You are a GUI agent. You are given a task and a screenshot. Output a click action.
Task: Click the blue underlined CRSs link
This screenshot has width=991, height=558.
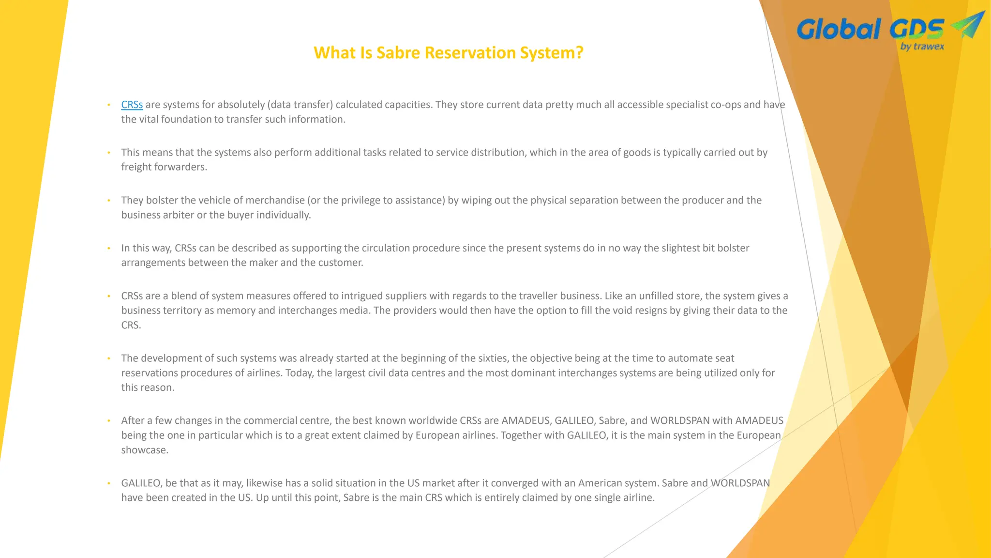coord(132,105)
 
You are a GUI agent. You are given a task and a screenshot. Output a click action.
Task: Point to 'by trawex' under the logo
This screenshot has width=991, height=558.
coord(922,46)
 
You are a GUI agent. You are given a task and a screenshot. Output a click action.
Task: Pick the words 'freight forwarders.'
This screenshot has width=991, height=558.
coord(164,167)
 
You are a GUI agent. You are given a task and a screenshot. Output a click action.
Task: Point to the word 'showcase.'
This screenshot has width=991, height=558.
coord(145,450)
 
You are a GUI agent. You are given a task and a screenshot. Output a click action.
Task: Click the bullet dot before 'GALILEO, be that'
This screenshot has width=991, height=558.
coord(109,483)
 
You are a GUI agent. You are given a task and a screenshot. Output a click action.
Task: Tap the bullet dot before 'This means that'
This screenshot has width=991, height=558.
coord(109,153)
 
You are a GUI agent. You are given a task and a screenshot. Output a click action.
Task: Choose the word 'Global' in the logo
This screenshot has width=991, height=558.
coord(838,30)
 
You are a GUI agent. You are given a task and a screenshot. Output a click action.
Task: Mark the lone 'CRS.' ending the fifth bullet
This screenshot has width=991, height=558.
coord(131,325)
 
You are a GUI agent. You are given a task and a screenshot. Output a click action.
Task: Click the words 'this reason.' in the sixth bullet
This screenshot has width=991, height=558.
coord(148,387)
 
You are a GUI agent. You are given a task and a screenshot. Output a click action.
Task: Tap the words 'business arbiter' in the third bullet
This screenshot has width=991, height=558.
coord(158,215)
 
